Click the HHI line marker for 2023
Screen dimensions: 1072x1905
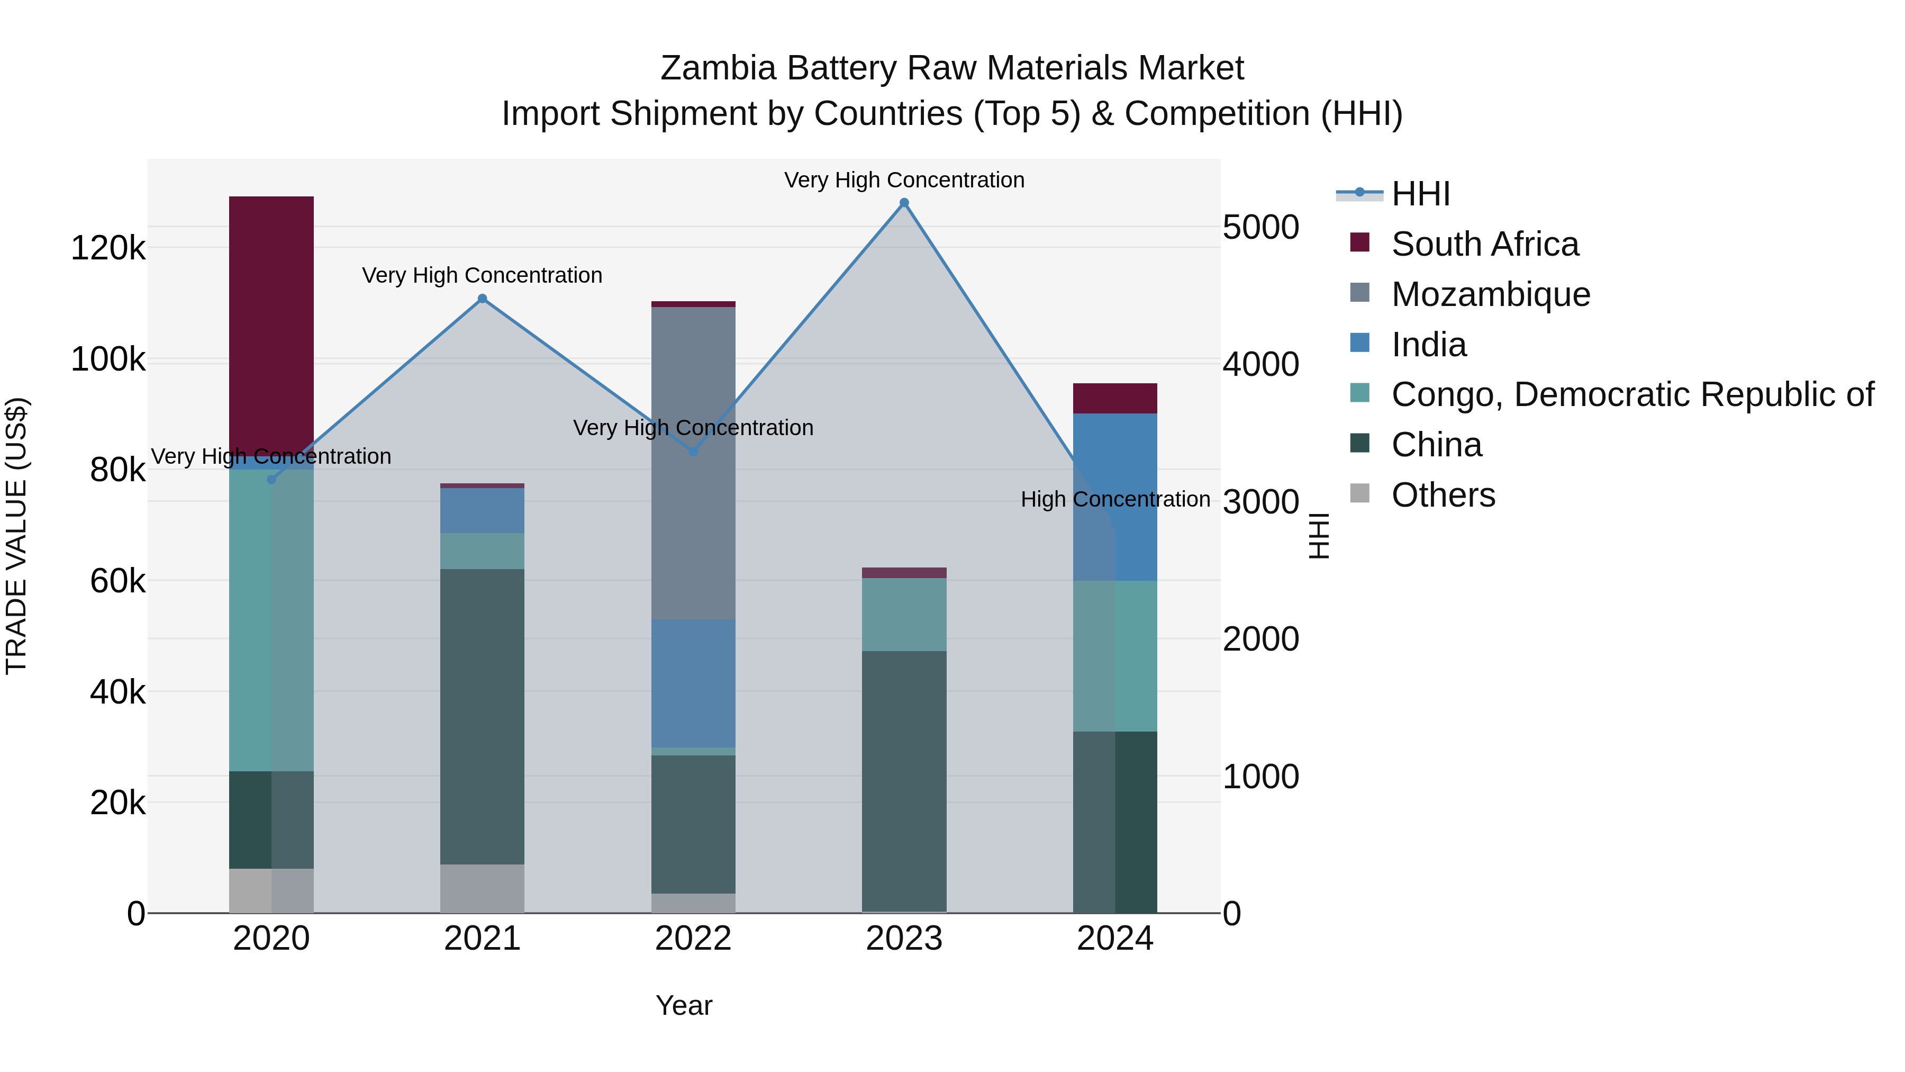[904, 203]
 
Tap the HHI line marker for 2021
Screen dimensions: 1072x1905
[482, 299]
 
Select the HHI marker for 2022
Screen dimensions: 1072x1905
[693, 452]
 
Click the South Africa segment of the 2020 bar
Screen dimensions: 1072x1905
[271, 326]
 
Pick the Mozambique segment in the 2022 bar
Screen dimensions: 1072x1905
[693, 462]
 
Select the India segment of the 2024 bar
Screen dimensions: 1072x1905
[1115, 497]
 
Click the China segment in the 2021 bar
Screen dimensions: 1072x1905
[482, 716]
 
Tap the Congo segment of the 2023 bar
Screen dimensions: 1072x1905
[904, 614]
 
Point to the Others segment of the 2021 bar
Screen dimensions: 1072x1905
[482, 888]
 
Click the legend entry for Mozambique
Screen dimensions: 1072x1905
[1490, 294]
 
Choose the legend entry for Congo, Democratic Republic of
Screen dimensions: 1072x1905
[1631, 394]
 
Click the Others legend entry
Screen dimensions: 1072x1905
[1442, 495]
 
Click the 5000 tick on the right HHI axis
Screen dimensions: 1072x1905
[1260, 227]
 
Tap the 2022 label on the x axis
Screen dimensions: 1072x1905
[693, 939]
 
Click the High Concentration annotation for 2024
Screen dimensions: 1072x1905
[1115, 499]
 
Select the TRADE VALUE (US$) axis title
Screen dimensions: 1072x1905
[16, 536]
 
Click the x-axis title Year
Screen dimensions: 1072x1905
[683, 1005]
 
